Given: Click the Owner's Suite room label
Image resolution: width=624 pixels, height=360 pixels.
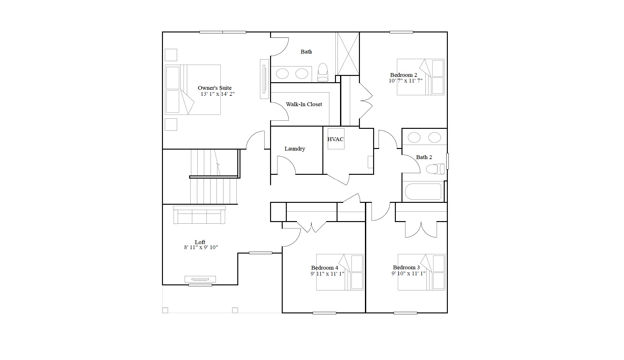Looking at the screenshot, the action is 215,88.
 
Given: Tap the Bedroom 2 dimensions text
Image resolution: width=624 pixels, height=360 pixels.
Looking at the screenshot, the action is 406,81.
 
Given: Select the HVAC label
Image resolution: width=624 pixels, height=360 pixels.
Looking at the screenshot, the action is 335,139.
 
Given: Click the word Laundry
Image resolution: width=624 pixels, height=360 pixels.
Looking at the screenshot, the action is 295,149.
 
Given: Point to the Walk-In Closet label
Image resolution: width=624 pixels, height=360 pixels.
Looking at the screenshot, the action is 304,104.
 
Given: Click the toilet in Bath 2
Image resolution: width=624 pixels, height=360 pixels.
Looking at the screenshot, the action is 435,169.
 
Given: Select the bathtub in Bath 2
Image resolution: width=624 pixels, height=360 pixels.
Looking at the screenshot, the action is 423,191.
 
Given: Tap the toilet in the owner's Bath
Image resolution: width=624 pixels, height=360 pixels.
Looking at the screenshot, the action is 323,72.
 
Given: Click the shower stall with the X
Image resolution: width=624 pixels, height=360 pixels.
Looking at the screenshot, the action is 347,54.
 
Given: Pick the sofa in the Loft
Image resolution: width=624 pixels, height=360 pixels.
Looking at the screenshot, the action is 199,215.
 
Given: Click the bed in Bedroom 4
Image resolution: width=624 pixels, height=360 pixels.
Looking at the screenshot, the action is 340,272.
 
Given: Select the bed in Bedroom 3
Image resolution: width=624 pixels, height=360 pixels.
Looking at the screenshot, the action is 421,272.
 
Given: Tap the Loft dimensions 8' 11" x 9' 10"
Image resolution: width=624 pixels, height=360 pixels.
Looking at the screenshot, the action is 201,248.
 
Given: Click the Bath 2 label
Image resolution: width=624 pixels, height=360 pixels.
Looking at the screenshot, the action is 424,157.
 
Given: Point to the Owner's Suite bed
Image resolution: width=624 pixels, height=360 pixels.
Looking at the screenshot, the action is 193,90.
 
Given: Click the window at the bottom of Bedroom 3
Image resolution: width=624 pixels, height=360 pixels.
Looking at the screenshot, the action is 405,313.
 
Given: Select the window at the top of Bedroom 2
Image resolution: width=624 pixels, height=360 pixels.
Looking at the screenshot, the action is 401,32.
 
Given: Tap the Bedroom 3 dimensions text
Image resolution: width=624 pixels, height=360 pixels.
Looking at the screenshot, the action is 408,273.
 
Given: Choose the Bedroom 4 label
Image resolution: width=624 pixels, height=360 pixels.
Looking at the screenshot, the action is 325,268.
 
